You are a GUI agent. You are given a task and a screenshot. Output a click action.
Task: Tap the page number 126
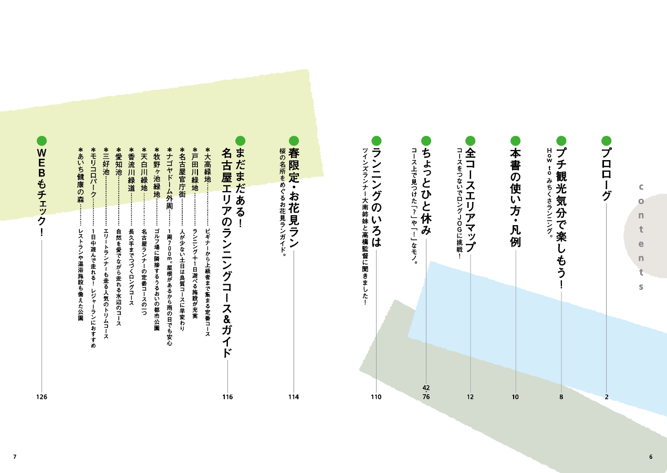[x=41, y=397]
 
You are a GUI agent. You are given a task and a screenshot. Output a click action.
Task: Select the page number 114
[x=294, y=397]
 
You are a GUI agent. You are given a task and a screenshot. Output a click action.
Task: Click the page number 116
[x=227, y=397]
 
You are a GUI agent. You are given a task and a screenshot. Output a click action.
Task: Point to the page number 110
[x=376, y=397]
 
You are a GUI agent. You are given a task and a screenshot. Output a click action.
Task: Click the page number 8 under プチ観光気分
[x=561, y=397]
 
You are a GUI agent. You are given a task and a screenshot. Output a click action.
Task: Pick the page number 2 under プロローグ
[x=607, y=397]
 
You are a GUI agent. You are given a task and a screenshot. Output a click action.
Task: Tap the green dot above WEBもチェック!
[x=42, y=141]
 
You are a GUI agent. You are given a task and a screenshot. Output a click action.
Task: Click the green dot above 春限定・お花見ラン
[x=294, y=141]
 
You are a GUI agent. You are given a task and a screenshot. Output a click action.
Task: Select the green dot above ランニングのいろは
[x=376, y=141]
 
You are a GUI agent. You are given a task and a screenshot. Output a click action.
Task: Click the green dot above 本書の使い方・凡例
[x=516, y=141]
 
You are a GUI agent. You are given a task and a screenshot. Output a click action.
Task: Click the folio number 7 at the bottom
[x=15, y=457]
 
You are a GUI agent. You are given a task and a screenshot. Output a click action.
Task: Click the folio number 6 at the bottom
[x=651, y=457]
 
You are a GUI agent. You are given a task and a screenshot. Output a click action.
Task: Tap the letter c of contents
[x=641, y=187]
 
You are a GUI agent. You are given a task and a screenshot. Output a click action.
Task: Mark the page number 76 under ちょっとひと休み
[x=426, y=397]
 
